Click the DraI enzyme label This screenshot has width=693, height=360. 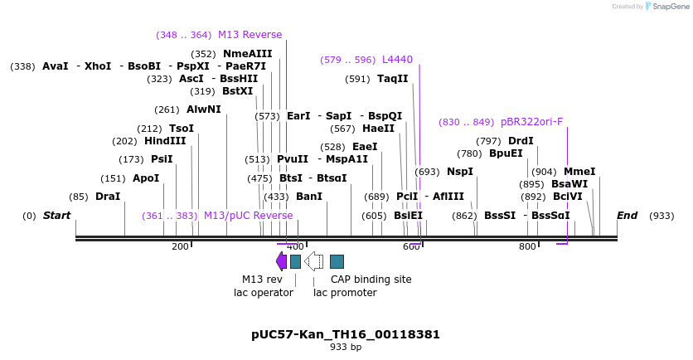tap(107, 197)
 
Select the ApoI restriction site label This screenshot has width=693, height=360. tap(146, 178)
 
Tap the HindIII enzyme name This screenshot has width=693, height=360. tap(165, 141)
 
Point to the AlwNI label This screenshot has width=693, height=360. tap(203, 109)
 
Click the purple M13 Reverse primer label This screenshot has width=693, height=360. tap(250, 35)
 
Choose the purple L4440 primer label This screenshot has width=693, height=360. tap(397, 60)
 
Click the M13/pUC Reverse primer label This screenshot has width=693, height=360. tap(248, 216)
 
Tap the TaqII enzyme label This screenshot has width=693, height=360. tap(392, 79)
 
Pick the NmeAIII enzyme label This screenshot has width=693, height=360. tap(247, 54)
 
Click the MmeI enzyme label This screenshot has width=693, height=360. tap(579, 172)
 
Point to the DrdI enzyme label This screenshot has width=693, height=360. tap(521, 141)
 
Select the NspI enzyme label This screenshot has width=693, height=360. tap(459, 172)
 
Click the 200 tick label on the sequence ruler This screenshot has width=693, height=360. tap(180, 246)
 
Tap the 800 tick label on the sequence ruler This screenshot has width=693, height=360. tap(527, 246)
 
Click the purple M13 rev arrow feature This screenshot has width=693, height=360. tap(281, 261)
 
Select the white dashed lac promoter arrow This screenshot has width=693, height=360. tap(313, 261)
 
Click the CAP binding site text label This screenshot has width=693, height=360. tap(371, 280)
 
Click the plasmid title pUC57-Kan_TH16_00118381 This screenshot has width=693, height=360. tap(346, 334)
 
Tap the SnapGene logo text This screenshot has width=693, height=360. tap(671, 7)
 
